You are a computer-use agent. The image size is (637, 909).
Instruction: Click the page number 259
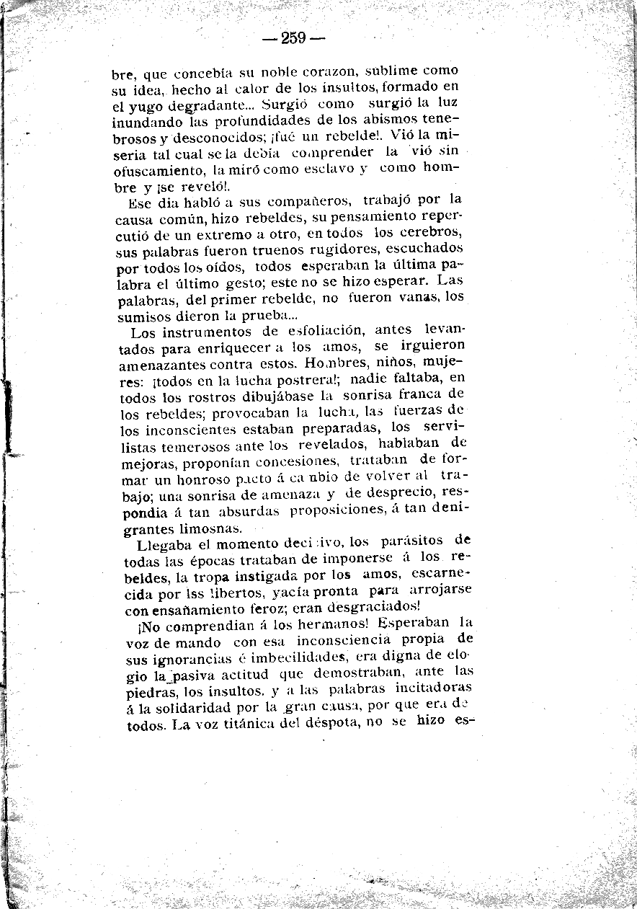294,38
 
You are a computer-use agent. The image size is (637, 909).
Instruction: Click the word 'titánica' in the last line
250,725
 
